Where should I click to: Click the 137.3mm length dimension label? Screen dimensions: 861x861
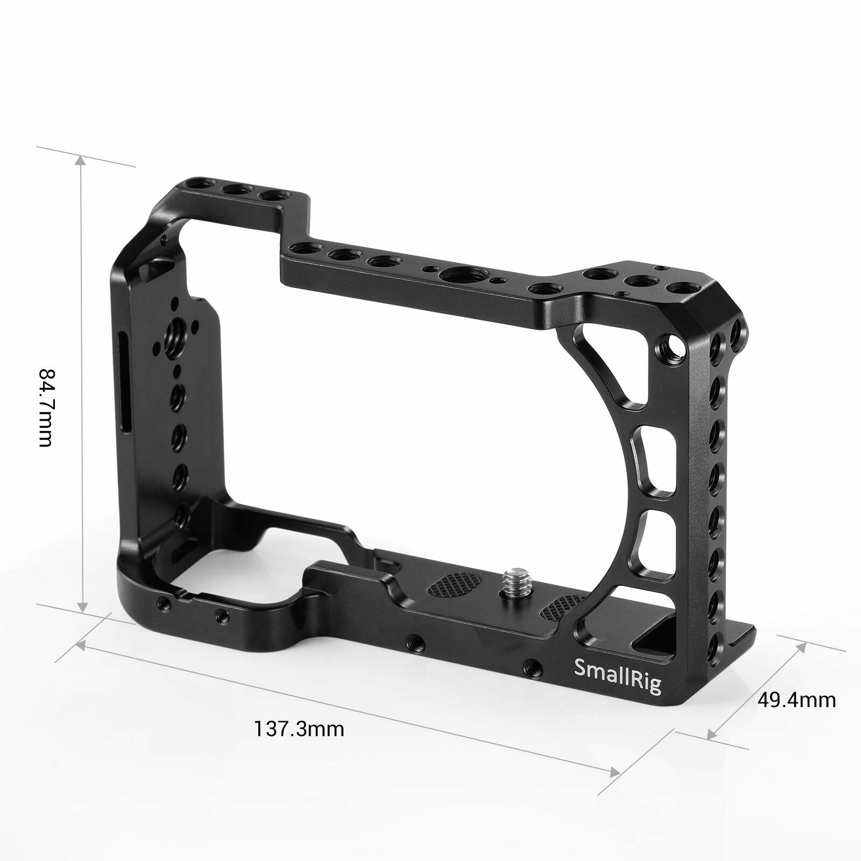click(x=299, y=729)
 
